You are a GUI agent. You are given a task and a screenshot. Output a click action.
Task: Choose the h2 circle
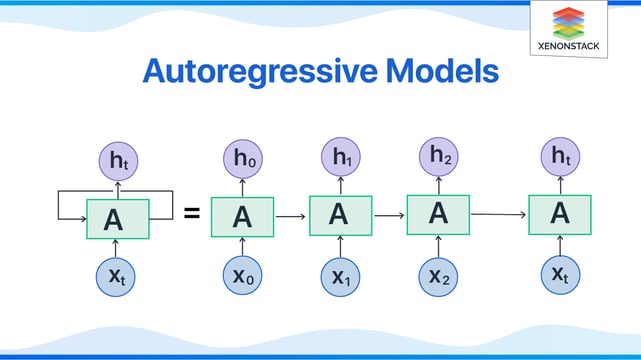[x=438, y=157]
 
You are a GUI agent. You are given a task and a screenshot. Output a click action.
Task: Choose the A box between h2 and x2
[x=438, y=213]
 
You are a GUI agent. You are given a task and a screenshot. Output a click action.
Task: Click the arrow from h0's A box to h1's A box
[x=291, y=216]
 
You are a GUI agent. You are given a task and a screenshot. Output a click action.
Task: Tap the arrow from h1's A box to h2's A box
[x=388, y=214]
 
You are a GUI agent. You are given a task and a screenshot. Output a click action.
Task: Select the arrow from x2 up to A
[x=438, y=244]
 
